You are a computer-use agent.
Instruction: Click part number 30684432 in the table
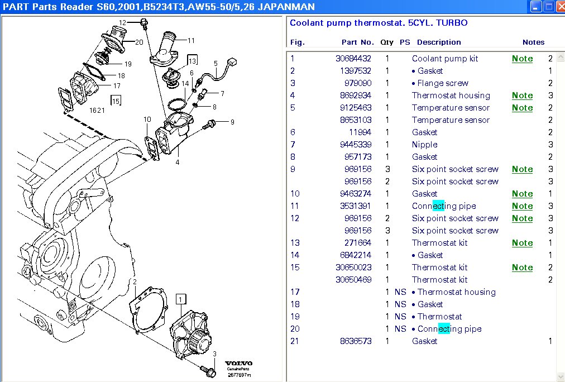[x=353, y=59]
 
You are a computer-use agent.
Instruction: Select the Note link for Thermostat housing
[x=522, y=95]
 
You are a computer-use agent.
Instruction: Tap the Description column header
[x=439, y=42]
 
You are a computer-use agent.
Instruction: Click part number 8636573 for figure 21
[x=356, y=341]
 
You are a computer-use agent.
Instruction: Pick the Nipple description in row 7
[x=424, y=145]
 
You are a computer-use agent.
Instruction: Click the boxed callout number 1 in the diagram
[x=180, y=299]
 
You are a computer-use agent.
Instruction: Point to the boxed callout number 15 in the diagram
[x=116, y=101]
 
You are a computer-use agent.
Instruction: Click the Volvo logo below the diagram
[x=238, y=363]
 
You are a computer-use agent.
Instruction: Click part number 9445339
[x=356, y=145]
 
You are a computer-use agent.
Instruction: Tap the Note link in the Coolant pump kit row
[x=522, y=59]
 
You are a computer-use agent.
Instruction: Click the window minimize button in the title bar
[x=535, y=7]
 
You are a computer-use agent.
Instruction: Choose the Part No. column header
[x=357, y=42]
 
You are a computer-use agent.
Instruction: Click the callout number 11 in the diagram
[x=191, y=41]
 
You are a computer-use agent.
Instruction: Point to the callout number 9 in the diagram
[x=232, y=122]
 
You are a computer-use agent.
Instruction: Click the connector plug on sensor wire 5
[x=232, y=63]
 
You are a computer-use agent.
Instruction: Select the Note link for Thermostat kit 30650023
[x=522, y=268]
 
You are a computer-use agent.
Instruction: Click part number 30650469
[x=353, y=280]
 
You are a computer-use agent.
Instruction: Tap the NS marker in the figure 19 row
[x=400, y=317]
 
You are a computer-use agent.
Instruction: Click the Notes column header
[x=533, y=42]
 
